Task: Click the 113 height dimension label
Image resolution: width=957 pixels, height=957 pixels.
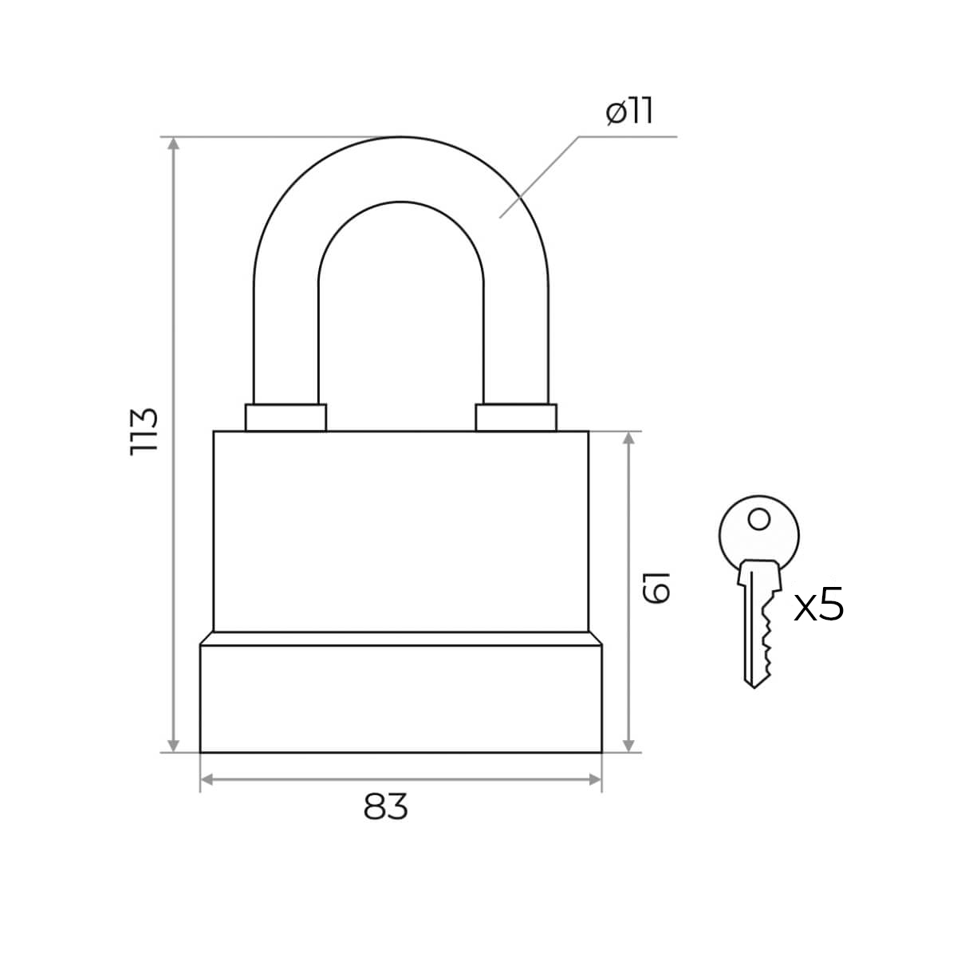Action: coord(144,431)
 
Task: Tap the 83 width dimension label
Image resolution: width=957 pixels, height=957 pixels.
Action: coord(386,807)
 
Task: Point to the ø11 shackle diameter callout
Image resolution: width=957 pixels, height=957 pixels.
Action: coord(629,112)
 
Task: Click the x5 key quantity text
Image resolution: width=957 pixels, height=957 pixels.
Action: coord(819,607)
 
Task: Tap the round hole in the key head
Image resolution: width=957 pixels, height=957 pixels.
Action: coord(759,520)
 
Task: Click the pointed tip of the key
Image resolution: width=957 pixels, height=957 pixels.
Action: coord(754,684)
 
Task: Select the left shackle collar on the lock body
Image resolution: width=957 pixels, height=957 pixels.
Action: coord(286,417)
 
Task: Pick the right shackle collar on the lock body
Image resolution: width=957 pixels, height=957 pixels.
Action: coord(516,417)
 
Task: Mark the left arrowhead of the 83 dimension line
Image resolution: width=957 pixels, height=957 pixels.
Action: coord(207,779)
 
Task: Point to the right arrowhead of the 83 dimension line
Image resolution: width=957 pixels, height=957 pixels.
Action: coord(594,779)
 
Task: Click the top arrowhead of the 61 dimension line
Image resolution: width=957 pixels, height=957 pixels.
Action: coord(630,439)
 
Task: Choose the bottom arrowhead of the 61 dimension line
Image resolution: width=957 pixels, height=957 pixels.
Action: coord(630,745)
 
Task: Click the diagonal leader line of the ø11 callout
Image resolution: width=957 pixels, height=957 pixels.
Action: coord(539,176)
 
